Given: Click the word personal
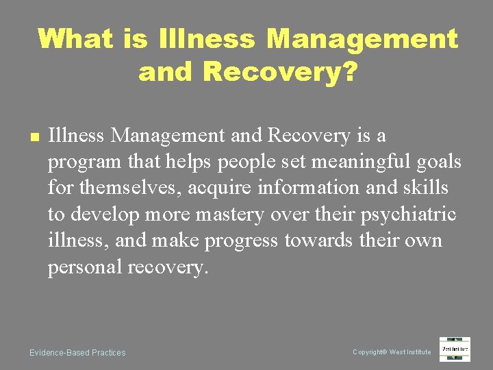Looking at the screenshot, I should [85, 267].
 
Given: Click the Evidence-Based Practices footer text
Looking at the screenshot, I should [77, 353].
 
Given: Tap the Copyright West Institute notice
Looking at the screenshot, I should [392, 352].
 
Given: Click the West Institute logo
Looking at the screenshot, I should [455, 349].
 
